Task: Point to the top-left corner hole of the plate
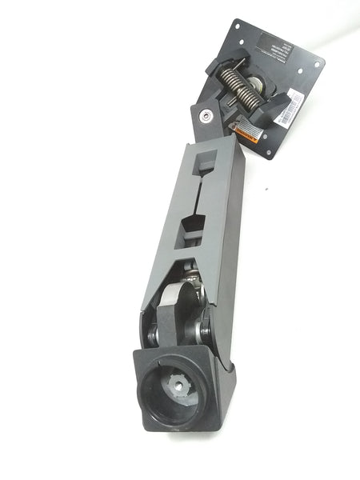(237, 27)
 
